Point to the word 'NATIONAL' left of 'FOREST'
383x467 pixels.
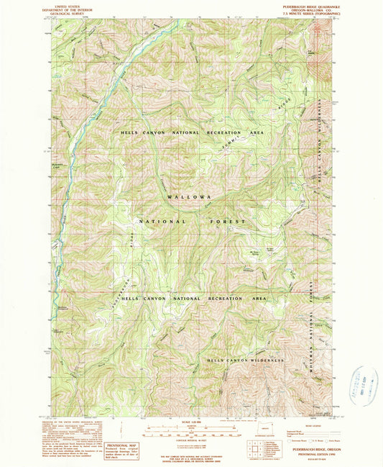[x=161, y=222]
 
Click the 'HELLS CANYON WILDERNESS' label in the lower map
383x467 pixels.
[x=246, y=360]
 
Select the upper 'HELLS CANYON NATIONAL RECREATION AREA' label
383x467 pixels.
[x=191, y=134]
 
